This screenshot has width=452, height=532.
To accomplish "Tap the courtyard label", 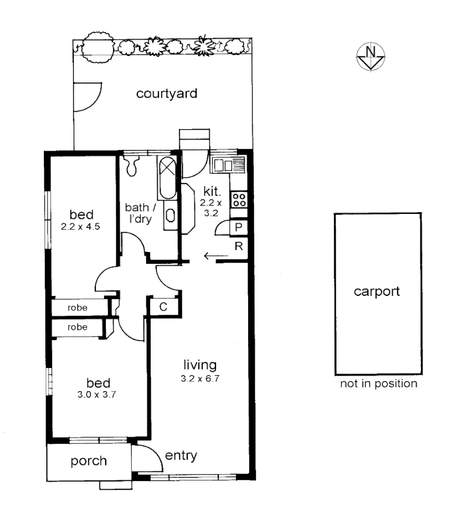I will click(x=167, y=94).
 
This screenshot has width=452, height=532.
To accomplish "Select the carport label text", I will click(x=377, y=291).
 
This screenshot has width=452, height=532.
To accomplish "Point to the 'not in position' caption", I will click(x=378, y=383).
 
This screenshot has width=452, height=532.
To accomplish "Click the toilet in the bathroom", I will click(x=132, y=164).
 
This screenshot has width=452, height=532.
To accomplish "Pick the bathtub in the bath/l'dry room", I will click(x=167, y=178).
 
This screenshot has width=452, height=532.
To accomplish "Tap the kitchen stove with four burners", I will click(x=239, y=199).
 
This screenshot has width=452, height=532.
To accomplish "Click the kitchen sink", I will click(x=227, y=165).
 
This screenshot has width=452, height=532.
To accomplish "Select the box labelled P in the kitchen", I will click(x=239, y=227).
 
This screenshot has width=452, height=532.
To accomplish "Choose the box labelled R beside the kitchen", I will click(x=239, y=247).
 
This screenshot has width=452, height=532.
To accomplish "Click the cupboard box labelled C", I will click(x=163, y=306).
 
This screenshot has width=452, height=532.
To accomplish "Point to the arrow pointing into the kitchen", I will click(x=215, y=255).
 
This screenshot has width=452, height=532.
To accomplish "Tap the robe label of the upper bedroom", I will click(x=78, y=306).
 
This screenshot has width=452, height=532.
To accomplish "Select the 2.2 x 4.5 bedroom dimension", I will click(x=81, y=226).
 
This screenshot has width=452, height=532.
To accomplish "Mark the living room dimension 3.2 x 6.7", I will click(x=200, y=379).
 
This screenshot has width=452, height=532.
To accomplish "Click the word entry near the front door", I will click(x=181, y=456).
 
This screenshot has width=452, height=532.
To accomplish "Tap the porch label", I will click(x=89, y=461).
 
